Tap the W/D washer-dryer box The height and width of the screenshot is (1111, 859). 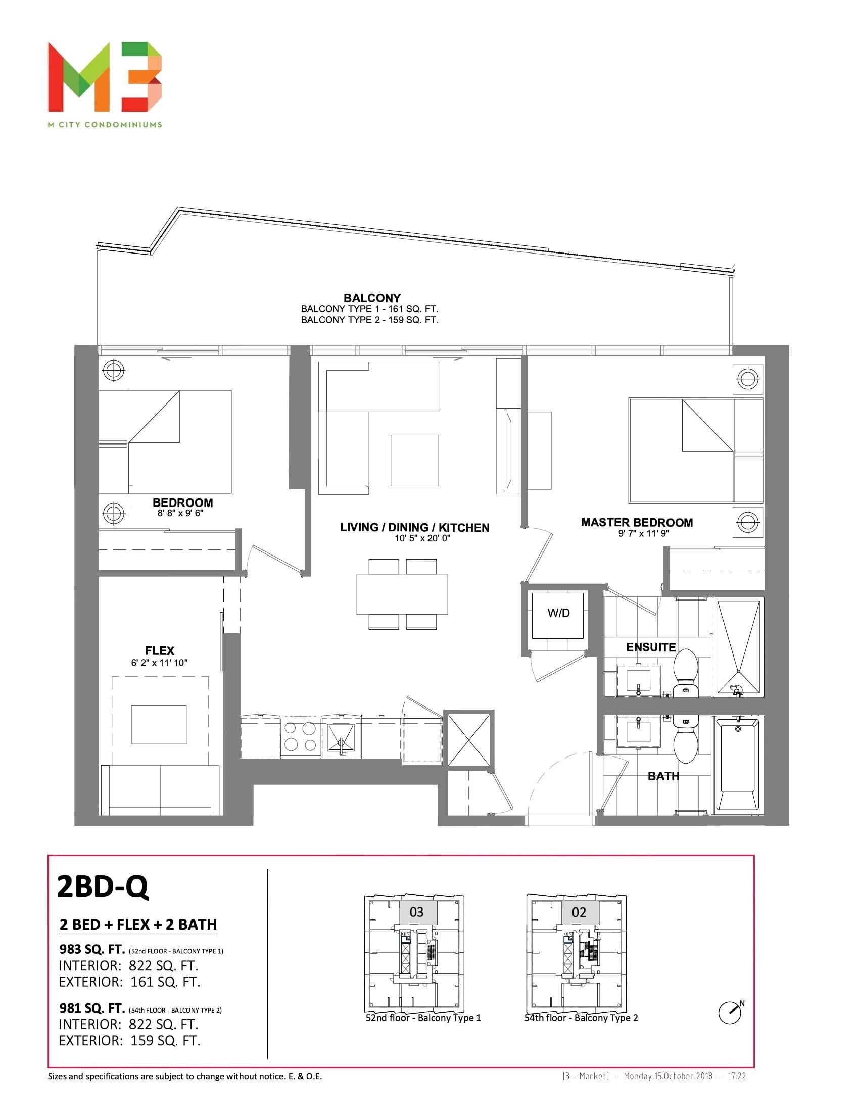[x=558, y=615]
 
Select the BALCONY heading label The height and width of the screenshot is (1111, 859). [x=372, y=298]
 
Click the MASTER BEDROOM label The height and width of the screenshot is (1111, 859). [x=637, y=523]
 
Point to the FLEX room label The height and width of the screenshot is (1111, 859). [x=159, y=650]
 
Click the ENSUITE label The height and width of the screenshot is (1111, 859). [x=651, y=647]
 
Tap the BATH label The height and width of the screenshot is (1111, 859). [x=663, y=776]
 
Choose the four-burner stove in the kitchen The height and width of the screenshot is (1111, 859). [x=300, y=737]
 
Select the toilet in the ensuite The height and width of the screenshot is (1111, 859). [x=685, y=673]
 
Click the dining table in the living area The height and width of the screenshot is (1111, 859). [x=402, y=594]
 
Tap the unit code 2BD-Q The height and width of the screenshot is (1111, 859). [x=103, y=887]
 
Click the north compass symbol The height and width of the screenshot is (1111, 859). [x=730, y=1013]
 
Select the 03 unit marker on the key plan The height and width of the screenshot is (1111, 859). [x=417, y=912]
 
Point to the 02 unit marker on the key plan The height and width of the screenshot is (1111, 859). [x=579, y=912]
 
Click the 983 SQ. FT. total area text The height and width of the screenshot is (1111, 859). [x=92, y=949]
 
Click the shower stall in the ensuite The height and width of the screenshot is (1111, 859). [x=738, y=647]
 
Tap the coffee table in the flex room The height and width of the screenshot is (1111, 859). [x=159, y=724]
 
